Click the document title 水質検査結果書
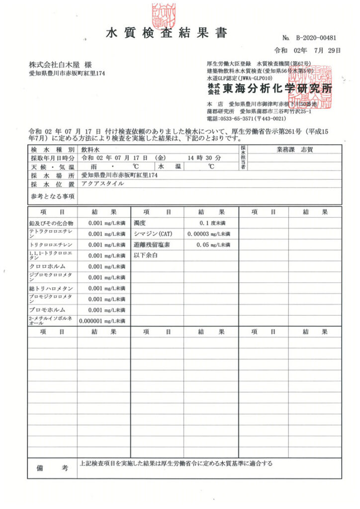point(167,33)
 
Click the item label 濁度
point(140,223)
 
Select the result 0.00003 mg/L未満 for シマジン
point(209,234)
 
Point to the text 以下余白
point(146,255)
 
